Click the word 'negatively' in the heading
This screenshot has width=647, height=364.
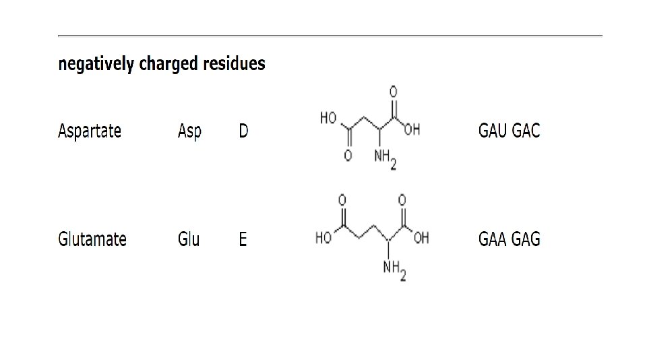[96, 65]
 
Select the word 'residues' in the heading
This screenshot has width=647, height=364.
[237, 65]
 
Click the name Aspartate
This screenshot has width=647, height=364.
[90, 131]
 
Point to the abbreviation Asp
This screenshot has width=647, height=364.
[189, 131]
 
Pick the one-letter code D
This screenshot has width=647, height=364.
[243, 131]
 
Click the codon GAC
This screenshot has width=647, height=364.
[526, 131]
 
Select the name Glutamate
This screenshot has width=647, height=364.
[92, 239]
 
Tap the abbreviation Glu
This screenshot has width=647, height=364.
[189, 239]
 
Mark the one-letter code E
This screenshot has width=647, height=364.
[243, 239]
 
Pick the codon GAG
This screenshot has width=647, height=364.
[526, 239]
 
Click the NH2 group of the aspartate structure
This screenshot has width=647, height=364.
[385, 159]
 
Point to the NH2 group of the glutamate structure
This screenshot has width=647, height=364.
[394, 270]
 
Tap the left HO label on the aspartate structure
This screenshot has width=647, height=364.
[328, 118]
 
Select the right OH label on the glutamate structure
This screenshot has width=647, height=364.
[421, 239]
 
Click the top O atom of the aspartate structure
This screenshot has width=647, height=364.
[393, 91]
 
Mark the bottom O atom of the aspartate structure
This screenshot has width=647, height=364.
[348, 156]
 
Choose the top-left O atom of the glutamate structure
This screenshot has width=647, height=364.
[342, 200]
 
